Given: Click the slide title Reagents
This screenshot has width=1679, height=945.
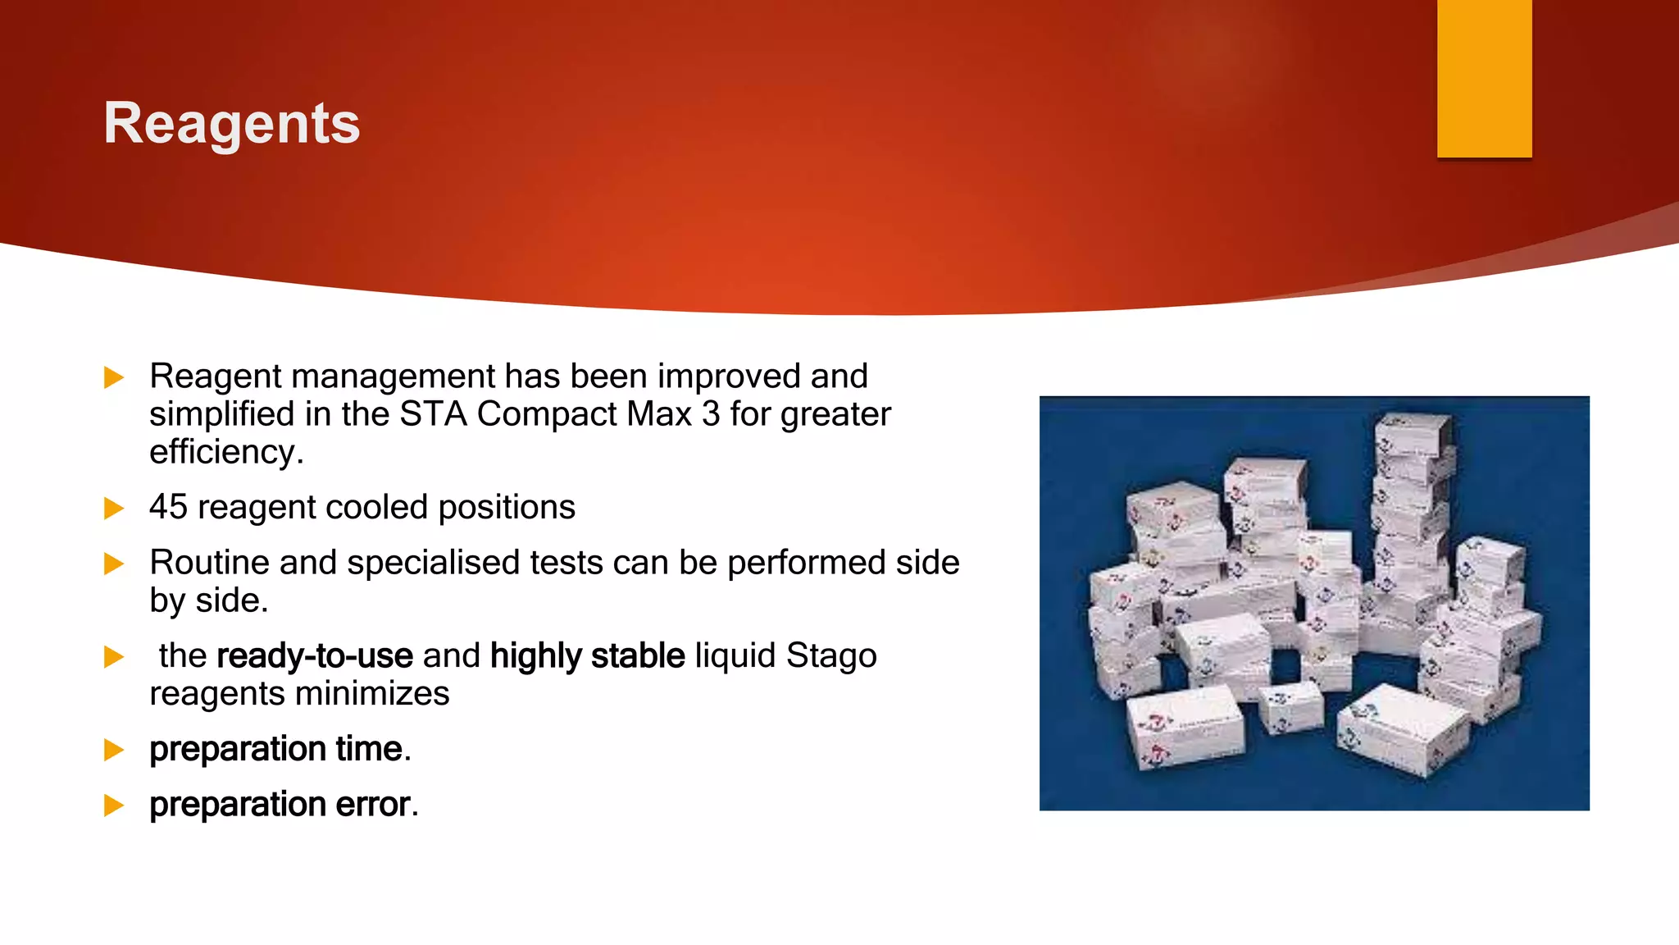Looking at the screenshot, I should pos(231,124).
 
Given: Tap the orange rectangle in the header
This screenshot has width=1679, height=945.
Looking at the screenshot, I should pos(1484,78).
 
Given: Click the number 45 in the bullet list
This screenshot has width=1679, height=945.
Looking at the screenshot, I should pos(168,507).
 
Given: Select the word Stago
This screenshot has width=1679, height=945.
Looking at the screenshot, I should pos(831,655).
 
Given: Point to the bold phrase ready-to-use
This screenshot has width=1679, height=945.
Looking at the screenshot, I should pos(315,655).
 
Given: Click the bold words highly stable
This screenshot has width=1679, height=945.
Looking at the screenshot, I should pos(587,655).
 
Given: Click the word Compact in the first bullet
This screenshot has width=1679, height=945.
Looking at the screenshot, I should pos(546,414).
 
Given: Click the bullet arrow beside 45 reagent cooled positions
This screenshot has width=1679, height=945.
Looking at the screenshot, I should pos(114,509).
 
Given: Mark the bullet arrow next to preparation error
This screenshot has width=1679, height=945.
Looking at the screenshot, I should pos(114,806).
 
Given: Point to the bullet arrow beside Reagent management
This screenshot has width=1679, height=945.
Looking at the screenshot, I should pos(114,377).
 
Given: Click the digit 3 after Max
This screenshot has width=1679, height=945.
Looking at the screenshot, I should pos(711,414).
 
